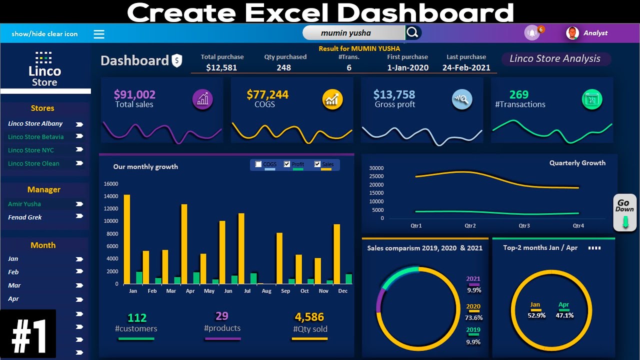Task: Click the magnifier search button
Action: [412, 33]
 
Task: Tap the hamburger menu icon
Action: [99, 34]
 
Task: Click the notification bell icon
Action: [532, 33]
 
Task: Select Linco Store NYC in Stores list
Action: [31, 150]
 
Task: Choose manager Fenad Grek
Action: [25, 217]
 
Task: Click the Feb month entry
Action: [13, 272]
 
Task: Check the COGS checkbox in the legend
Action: [258, 164]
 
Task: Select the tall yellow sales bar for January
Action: [127, 239]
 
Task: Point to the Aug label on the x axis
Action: [266, 291]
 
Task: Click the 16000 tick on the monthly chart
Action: [111, 183]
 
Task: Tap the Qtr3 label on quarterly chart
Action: [524, 225]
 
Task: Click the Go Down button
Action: [624, 212]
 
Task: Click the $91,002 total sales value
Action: [134, 94]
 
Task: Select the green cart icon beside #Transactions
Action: [592, 100]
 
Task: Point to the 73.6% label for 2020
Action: [473, 317]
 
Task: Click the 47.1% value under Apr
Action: [564, 315]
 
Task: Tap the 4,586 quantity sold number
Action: [309, 317]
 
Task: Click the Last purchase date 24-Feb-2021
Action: [466, 67]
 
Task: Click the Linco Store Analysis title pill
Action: [555, 59]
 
